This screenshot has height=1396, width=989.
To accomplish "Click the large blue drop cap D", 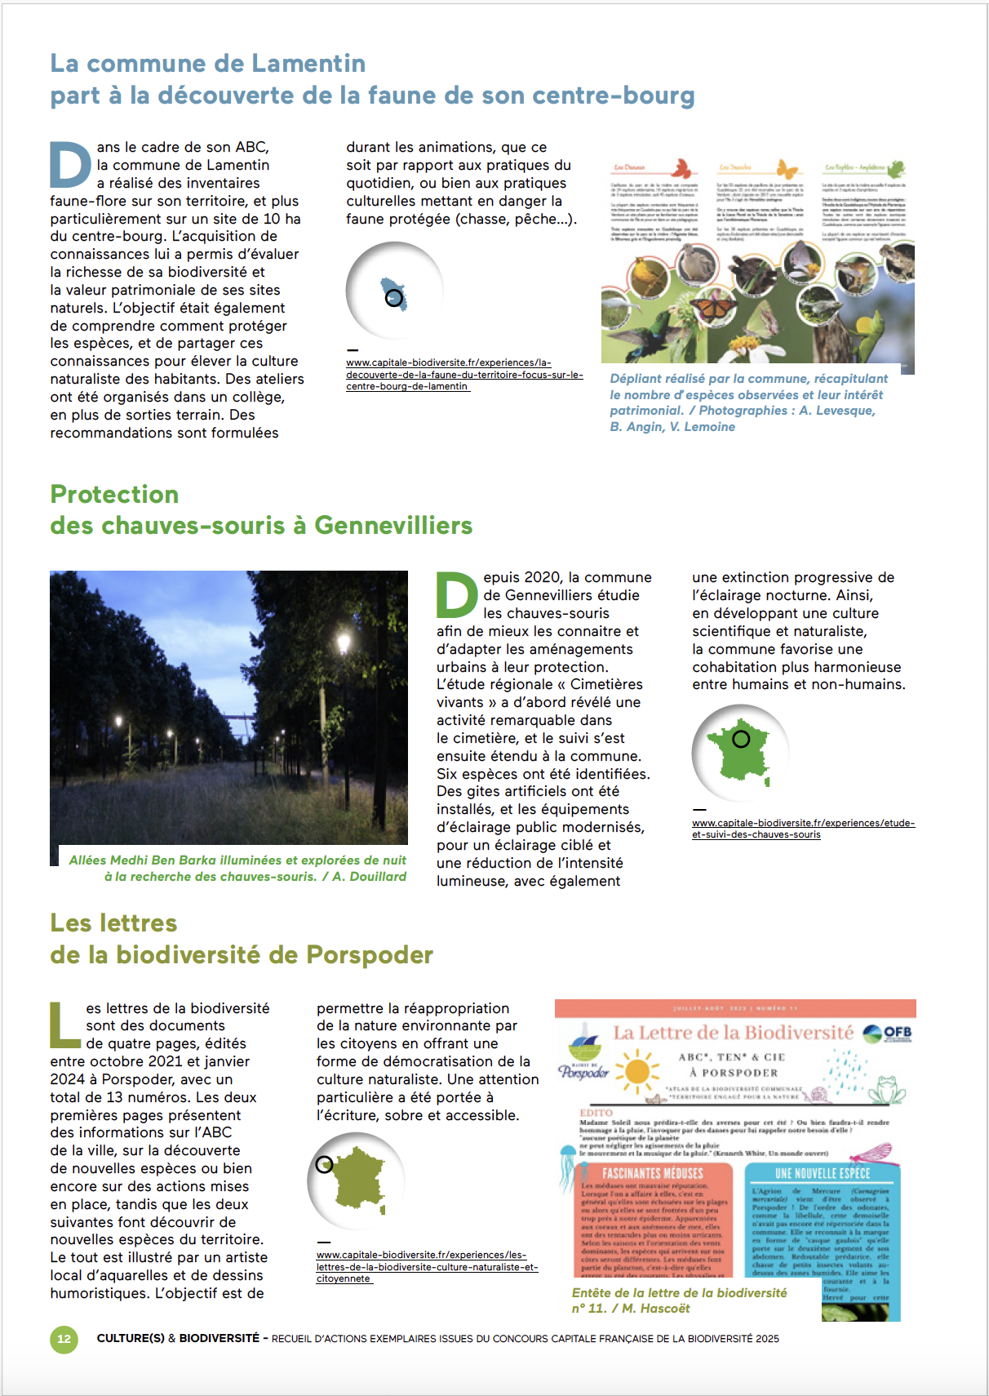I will [x=70, y=165].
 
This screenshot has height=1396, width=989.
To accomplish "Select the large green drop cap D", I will [x=457, y=595].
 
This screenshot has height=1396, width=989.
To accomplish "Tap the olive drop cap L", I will [x=64, y=1025].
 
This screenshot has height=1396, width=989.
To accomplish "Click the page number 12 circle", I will [x=64, y=1339].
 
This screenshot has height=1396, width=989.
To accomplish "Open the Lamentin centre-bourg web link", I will [x=463, y=375].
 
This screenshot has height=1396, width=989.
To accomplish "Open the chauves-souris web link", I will [x=803, y=829].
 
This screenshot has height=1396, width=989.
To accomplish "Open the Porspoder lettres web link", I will [x=427, y=1267].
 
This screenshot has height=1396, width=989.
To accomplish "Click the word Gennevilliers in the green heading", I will [x=393, y=526].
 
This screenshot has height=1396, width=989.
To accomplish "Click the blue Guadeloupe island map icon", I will [x=395, y=292].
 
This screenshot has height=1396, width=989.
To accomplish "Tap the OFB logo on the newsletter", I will [x=888, y=1034].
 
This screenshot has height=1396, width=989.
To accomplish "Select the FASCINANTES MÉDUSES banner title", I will [x=653, y=1173].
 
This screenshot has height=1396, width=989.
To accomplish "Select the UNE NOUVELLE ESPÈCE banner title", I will [x=822, y=1173].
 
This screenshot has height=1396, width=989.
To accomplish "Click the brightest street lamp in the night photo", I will [x=344, y=645].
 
